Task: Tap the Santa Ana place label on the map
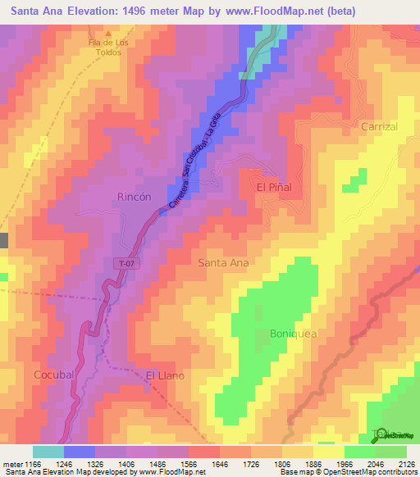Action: [x=223, y=263]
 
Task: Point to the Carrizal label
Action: [x=379, y=127]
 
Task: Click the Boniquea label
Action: [x=293, y=334]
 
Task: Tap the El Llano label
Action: [x=165, y=375]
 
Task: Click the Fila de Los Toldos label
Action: [x=104, y=47]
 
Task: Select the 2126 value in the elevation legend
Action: [x=404, y=463]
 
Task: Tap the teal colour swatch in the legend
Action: [x=48, y=452]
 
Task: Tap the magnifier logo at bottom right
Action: [x=379, y=435]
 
